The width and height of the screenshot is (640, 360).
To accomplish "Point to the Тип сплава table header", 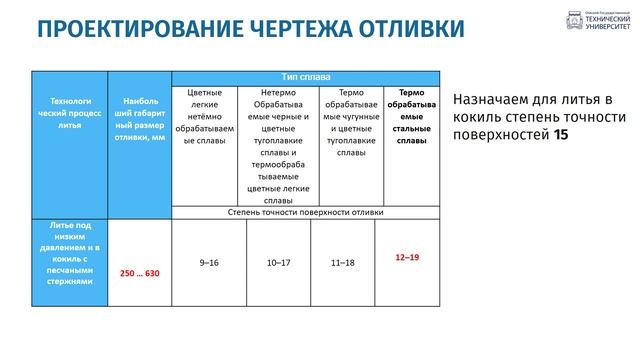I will tap(306, 77).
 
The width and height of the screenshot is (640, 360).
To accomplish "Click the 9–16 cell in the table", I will tap(208, 262).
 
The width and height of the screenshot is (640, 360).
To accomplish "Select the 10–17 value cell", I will tap(279, 262).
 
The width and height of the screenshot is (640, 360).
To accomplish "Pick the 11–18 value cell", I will tap(343, 262).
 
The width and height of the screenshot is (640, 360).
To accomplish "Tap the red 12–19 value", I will tap(407, 258).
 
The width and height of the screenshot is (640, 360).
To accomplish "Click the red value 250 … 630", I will tap(140, 273).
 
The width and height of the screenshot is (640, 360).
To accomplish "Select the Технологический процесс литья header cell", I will tap(70, 113).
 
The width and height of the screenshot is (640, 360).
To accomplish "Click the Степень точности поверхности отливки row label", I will tap(306, 212).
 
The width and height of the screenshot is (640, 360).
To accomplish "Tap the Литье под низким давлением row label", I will tap(70, 254).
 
